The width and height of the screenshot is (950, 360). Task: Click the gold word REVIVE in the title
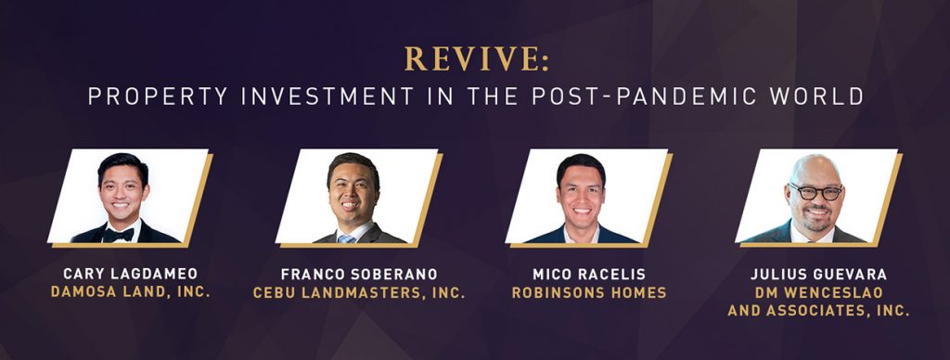(x=472, y=58)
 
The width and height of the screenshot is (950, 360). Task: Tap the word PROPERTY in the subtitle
(x=158, y=96)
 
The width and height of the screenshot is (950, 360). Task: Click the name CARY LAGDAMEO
(x=130, y=274)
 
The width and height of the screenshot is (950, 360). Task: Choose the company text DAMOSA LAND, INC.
(x=130, y=291)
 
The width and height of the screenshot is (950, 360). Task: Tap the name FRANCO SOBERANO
(x=359, y=274)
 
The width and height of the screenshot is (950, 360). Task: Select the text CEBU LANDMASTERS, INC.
(x=359, y=292)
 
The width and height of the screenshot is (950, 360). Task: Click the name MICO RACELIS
(x=589, y=274)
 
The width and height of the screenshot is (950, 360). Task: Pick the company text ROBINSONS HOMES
(x=589, y=292)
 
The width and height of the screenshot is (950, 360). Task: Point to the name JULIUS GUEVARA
(x=818, y=274)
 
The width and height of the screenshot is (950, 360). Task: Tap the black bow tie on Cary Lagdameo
(x=118, y=235)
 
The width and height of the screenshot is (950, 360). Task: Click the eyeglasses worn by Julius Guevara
(x=815, y=192)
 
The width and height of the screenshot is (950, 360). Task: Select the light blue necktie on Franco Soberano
(x=346, y=238)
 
